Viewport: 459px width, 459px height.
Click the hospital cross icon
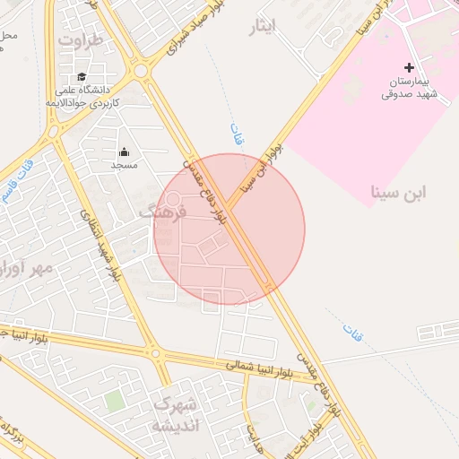click(410, 67)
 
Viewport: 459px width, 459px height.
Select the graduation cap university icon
click(82, 77)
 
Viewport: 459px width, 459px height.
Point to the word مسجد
click(123, 166)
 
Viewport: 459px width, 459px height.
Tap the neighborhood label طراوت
click(82, 41)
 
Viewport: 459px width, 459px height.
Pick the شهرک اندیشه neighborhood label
click(175, 414)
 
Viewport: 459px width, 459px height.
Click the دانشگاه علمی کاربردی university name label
click(82, 97)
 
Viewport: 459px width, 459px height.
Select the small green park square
click(113, 399)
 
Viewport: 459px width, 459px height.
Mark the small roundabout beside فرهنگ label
click(173, 200)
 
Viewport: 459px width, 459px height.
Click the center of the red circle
click(229, 229)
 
